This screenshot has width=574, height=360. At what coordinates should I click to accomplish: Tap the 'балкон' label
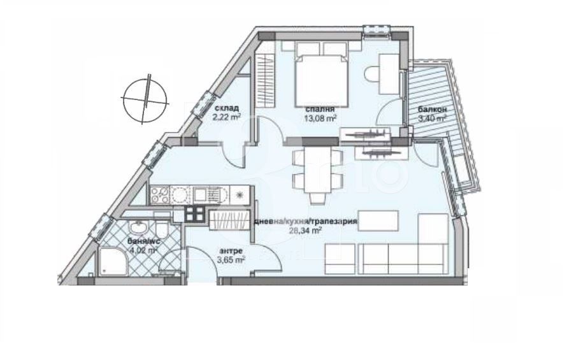(x=432, y=110)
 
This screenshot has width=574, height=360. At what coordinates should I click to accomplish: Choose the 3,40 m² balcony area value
(x=432, y=119)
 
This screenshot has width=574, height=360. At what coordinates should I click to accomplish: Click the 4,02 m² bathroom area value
(x=144, y=250)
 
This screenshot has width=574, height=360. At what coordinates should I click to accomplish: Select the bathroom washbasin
(x=138, y=227)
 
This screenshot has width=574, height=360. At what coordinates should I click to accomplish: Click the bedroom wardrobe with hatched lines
(x=264, y=85)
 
